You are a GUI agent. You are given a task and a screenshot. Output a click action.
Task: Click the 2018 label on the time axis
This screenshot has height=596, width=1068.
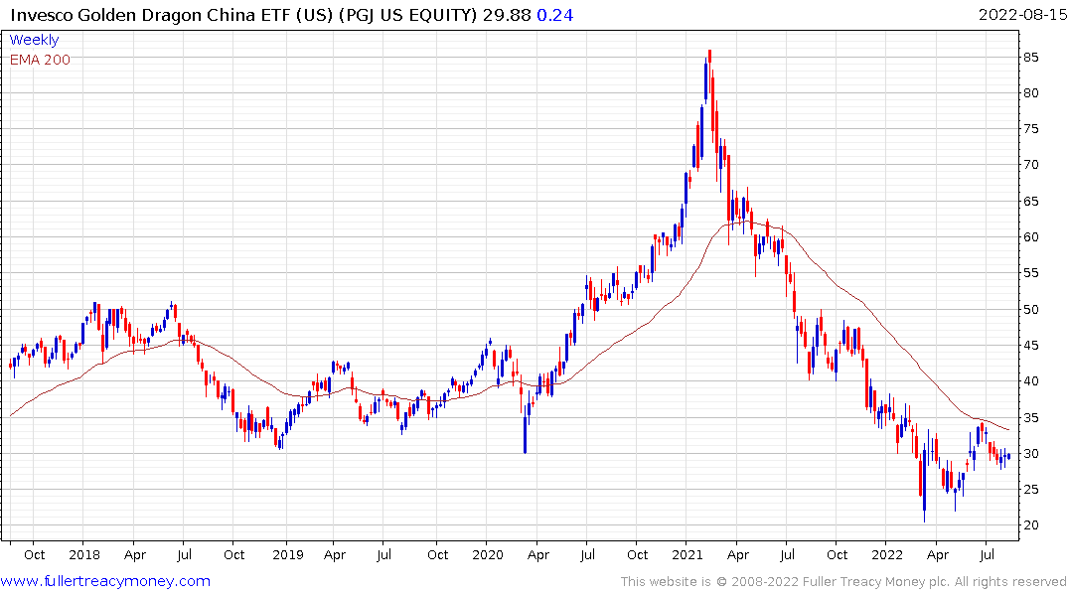(x=84, y=555)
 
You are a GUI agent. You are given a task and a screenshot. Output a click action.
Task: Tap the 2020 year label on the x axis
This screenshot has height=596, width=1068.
(x=488, y=555)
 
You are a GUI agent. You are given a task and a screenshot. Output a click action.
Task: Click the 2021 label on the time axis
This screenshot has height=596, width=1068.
(x=688, y=555)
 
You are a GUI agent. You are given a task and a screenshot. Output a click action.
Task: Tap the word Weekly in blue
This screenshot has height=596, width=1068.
(x=34, y=40)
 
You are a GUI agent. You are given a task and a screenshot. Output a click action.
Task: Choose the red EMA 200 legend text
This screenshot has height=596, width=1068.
(x=40, y=59)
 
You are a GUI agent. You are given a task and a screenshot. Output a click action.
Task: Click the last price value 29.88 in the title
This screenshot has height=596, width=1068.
(x=498, y=15)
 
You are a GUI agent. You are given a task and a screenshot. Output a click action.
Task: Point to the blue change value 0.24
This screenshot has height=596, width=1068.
(x=554, y=15)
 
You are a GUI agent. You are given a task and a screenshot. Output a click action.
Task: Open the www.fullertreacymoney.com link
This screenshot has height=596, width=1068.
(x=106, y=581)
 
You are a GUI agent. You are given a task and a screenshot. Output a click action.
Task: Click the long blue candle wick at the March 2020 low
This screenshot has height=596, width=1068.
(x=525, y=427)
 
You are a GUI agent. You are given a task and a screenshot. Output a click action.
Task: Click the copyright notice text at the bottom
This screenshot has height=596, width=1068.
(x=843, y=581)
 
